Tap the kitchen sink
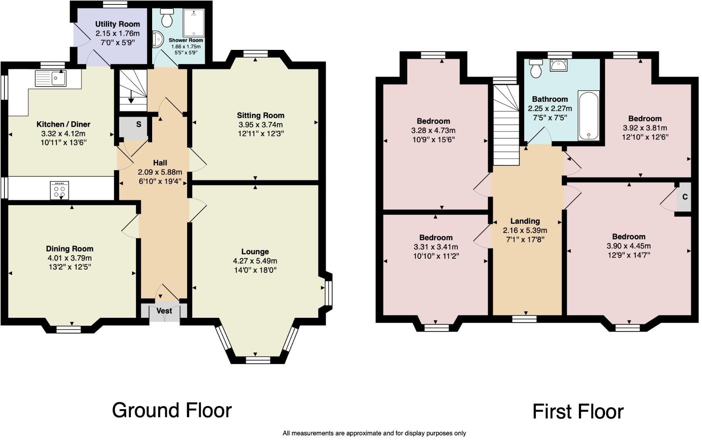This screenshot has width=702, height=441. [x=51, y=78]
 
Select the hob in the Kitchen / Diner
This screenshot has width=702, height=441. [x=60, y=190]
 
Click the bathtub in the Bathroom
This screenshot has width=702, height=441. [x=588, y=116]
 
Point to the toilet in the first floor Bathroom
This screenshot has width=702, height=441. [x=536, y=69]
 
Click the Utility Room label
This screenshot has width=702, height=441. [x=118, y=24]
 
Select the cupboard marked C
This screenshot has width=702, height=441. [x=684, y=197]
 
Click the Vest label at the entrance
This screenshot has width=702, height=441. [x=164, y=311]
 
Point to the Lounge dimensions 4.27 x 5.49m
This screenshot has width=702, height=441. [x=255, y=261]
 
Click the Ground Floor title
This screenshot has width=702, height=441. [x=172, y=410]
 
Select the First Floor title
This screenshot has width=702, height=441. [x=578, y=412]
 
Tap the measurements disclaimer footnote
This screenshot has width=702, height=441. [x=374, y=433]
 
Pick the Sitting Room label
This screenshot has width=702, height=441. [x=260, y=115]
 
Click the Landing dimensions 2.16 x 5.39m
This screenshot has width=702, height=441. [x=525, y=231]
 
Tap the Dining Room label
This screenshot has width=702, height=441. [x=70, y=249]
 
